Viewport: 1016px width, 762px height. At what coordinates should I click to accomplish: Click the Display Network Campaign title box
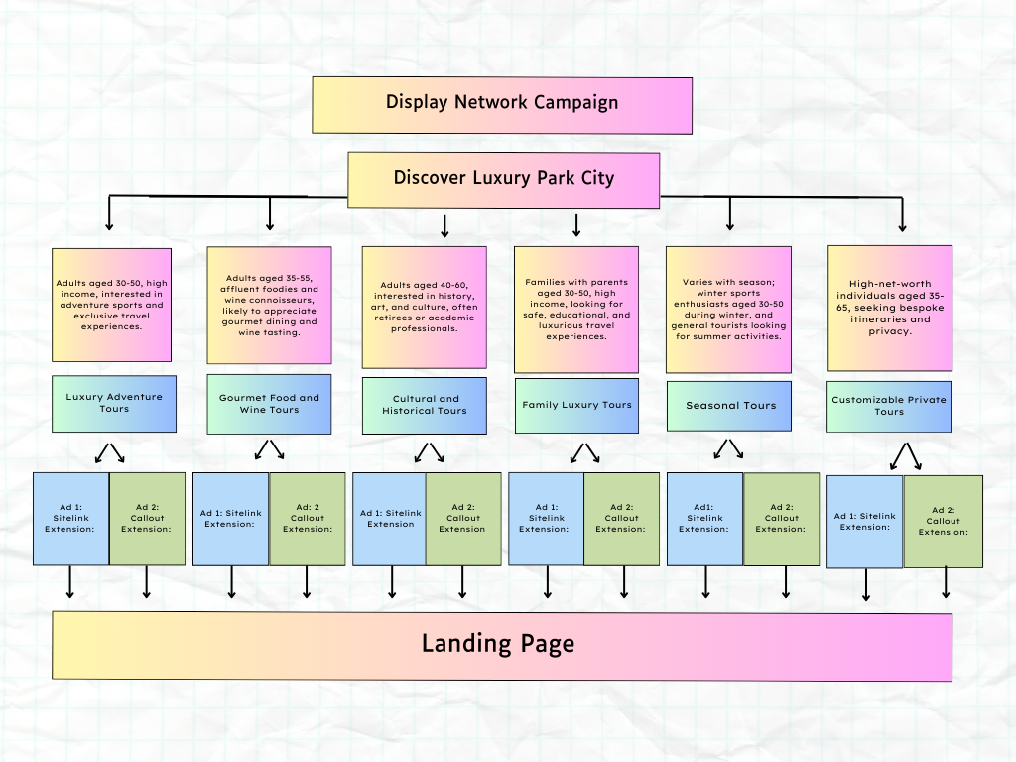click(x=502, y=104)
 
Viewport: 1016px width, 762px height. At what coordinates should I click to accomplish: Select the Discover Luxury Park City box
click(x=503, y=180)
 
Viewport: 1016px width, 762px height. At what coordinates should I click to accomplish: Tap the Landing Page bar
click(x=501, y=645)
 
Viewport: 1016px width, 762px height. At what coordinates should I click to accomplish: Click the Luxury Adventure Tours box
click(x=114, y=403)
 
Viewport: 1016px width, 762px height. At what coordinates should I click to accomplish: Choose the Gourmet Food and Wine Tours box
click(x=269, y=404)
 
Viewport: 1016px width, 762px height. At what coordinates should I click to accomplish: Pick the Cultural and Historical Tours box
click(x=425, y=405)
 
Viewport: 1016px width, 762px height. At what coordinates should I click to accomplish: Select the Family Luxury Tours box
click(x=576, y=405)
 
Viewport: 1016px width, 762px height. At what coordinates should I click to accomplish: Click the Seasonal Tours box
click(x=730, y=406)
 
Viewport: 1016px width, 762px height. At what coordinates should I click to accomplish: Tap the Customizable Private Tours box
click(x=889, y=406)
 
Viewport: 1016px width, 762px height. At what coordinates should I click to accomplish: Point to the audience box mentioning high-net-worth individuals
click(x=890, y=308)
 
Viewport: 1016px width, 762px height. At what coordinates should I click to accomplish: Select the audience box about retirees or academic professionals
click(x=425, y=308)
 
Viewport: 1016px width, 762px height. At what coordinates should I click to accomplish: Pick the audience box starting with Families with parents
click(x=576, y=310)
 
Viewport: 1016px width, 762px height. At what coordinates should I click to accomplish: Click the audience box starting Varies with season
click(x=729, y=310)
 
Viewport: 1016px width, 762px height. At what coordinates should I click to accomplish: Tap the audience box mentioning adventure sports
click(x=112, y=305)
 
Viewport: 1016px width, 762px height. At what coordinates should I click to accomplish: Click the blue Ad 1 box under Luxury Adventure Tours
click(x=70, y=518)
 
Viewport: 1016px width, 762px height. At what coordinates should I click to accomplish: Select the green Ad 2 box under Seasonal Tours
click(x=781, y=519)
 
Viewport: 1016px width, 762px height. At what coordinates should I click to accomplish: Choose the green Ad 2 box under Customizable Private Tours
click(x=943, y=521)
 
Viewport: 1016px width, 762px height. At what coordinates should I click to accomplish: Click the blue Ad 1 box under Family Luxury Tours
click(x=546, y=519)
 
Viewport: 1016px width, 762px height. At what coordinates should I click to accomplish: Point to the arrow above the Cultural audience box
click(x=444, y=227)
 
